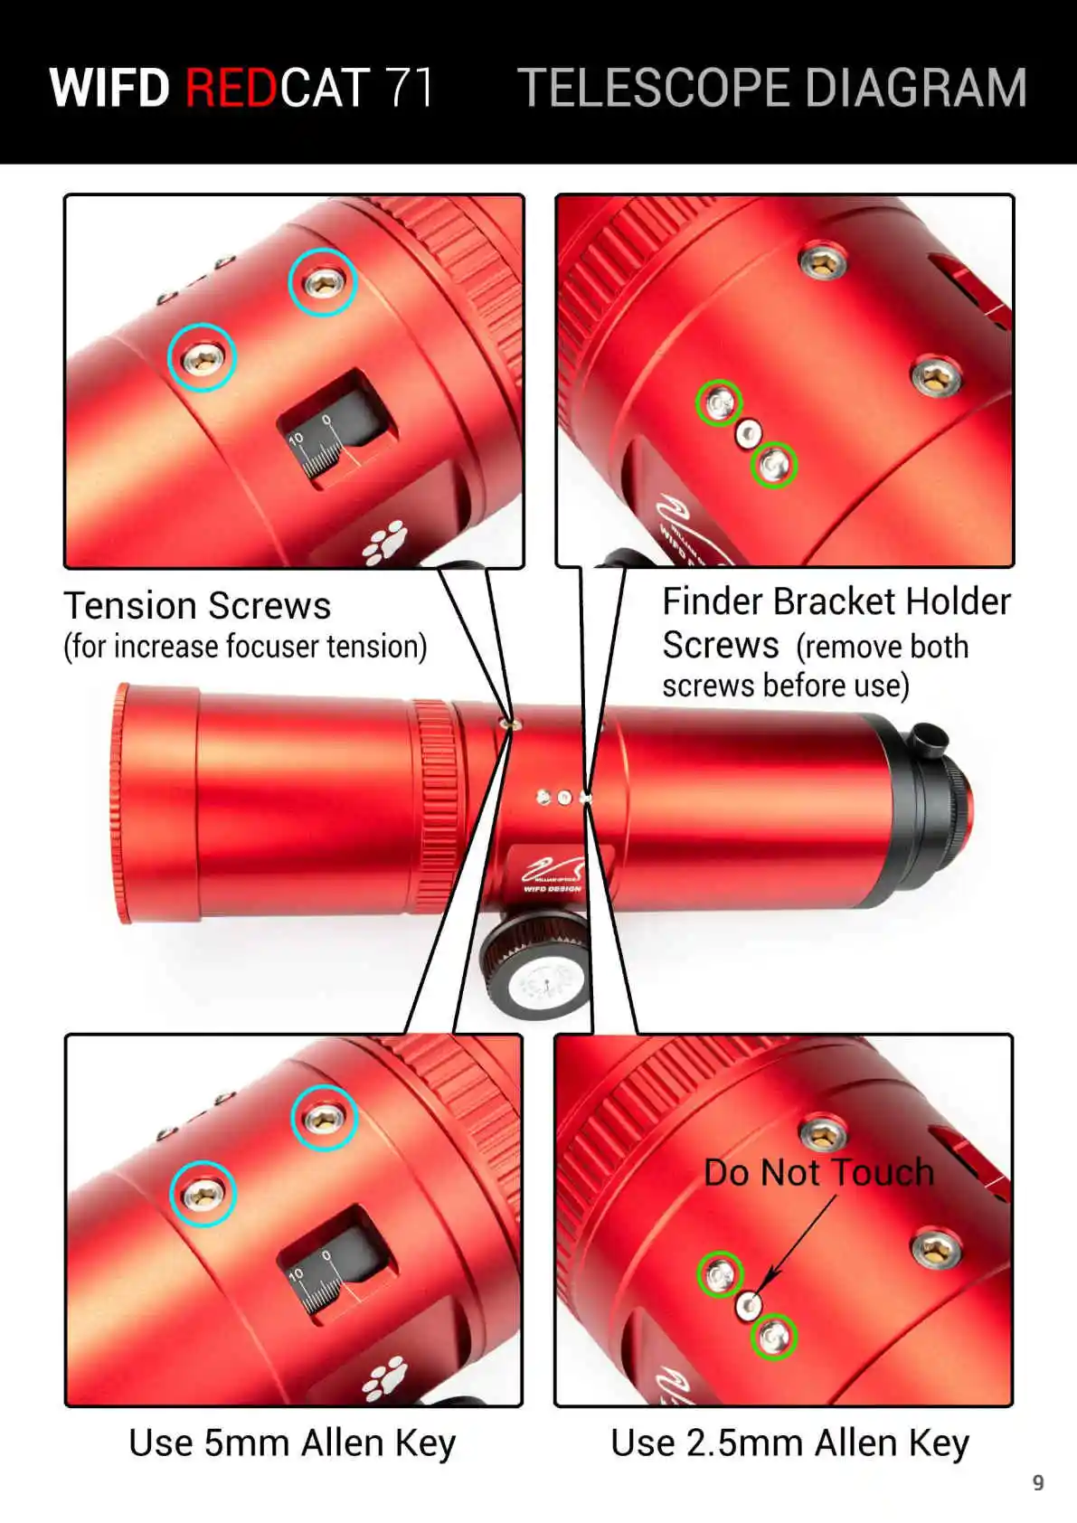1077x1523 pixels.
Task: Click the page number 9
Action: coord(1037,1482)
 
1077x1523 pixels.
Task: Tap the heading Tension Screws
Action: coord(197,605)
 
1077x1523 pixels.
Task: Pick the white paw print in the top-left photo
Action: coord(385,542)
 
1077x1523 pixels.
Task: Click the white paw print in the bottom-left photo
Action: coord(385,1378)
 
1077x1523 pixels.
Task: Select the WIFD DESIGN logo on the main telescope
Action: coord(553,874)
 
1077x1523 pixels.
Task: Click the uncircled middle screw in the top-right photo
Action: coord(749,433)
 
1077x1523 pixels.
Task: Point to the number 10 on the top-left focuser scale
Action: coord(296,440)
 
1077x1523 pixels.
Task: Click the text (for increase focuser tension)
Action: coord(245,646)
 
